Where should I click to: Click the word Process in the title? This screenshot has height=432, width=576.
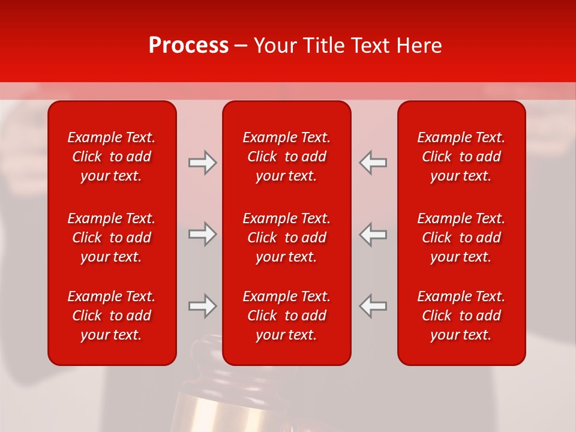coord(188,46)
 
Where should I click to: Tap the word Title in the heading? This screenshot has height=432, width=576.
coord(323,46)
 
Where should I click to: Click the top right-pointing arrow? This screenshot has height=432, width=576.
coord(202,163)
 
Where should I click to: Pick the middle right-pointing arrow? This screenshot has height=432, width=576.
coord(202,234)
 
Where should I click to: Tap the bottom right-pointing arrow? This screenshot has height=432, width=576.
coord(202,306)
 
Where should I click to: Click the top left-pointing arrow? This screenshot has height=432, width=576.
coord(373,163)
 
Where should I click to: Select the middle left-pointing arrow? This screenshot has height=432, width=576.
coord(373,234)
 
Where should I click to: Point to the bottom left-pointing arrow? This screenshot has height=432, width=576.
coord(373,306)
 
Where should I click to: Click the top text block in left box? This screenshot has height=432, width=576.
coord(112,157)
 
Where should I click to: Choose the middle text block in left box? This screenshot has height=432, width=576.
coord(112,238)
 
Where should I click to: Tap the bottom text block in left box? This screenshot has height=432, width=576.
coord(112,316)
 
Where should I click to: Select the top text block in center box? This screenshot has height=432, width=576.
coord(286,157)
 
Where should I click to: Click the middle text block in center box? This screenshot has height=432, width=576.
coord(286,238)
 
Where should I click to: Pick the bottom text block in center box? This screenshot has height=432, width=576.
coord(286,316)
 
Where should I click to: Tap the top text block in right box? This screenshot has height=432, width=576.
coord(461,157)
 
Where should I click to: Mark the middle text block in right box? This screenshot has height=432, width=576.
coord(461,238)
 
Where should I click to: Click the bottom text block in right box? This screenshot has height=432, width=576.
coord(461,316)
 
